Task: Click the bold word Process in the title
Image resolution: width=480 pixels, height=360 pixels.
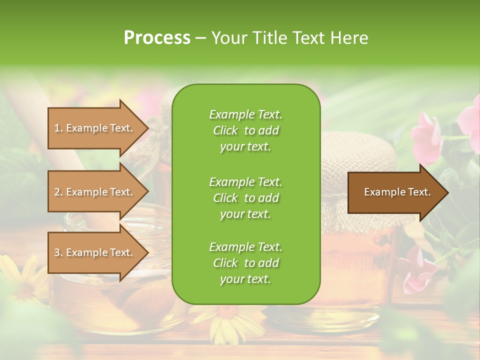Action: pos(157,37)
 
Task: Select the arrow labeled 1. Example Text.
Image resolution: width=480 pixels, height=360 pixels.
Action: pos(95,128)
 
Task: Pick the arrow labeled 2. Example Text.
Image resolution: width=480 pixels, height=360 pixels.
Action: pos(95,192)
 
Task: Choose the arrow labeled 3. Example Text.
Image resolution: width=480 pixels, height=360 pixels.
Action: pos(95,252)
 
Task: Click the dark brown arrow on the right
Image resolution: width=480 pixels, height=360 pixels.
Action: pos(395,192)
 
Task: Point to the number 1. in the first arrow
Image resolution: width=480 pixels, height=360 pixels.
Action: pos(58,128)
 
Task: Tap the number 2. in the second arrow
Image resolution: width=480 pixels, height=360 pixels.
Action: pos(58,192)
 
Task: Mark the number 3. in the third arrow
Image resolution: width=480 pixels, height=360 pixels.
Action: pos(58,252)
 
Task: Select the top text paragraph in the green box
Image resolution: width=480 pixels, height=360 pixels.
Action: pos(245,130)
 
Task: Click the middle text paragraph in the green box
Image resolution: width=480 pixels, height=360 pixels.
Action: pos(245,197)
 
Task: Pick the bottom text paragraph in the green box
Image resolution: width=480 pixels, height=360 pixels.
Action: pos(245,263)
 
